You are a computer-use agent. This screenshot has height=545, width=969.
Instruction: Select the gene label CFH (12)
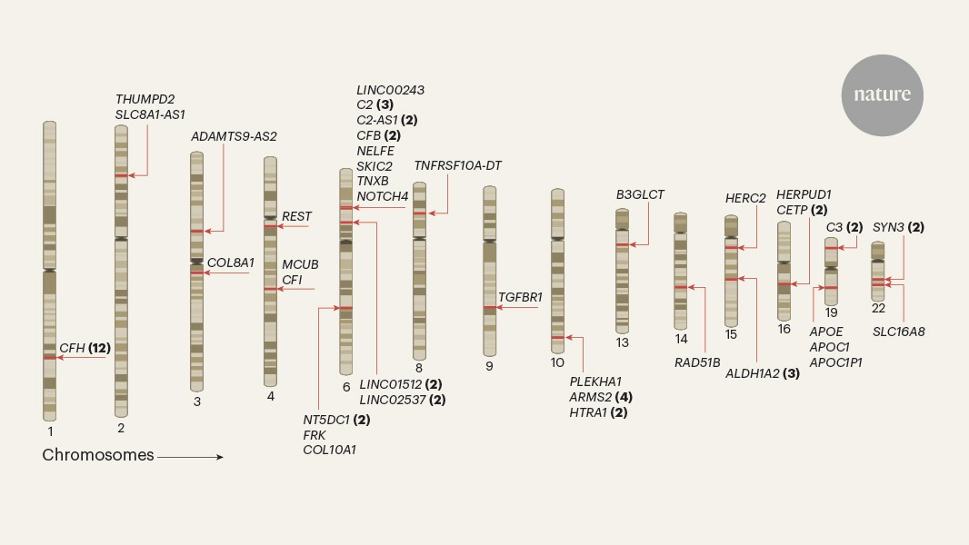click(85, 348)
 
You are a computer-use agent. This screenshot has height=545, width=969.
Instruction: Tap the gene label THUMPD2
click(145, 99)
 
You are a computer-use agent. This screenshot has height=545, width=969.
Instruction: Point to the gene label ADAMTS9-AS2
click(234, 136)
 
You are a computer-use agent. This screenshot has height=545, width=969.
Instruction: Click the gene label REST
click(296, 216)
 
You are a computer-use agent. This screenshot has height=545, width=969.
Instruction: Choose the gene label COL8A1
click(230, 263)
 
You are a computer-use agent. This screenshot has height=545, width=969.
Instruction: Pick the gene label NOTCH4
click(382, 196)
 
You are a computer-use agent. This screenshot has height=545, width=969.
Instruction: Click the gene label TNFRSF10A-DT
click(457, 165)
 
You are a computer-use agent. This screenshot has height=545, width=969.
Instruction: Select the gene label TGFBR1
click(520, 297)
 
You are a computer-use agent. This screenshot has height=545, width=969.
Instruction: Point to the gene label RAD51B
click(697, 362)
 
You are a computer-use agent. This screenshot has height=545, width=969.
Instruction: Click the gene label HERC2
click(745, 198)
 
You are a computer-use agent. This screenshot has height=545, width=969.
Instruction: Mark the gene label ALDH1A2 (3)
click(762, 372)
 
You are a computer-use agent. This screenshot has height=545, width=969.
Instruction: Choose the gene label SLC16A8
click(898, 332)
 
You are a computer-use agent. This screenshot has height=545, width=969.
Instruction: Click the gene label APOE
click(826, 332)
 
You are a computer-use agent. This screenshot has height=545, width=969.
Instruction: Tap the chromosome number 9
click(489, 366)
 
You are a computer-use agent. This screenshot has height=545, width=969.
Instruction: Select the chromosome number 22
click(878, 308)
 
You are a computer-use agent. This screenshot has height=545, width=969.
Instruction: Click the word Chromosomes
click(98, 455)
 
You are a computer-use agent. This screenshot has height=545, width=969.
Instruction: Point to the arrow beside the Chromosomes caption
click(190, 457)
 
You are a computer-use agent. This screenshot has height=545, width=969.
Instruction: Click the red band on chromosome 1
click(49, 357)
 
